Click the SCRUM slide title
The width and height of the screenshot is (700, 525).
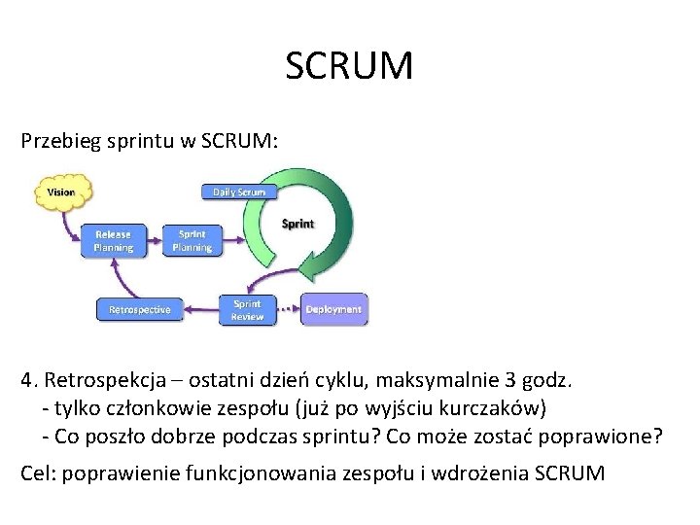(350, 67)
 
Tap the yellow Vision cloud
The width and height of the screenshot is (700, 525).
(60, 192)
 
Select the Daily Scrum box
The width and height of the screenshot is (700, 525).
(239, 192)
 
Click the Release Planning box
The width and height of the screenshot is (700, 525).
(114, 240)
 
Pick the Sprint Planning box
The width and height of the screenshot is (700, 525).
(192, 240)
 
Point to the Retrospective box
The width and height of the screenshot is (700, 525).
(139, 309)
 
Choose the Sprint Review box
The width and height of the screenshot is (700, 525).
(247, 309)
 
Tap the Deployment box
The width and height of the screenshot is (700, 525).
(333, 309)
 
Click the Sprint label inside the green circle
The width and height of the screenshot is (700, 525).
(297, 224)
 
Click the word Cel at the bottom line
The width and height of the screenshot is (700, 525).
(36, 473)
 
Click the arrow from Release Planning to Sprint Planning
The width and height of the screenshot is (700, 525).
(153, 240)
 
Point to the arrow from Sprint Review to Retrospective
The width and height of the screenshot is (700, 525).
(199, 309)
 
